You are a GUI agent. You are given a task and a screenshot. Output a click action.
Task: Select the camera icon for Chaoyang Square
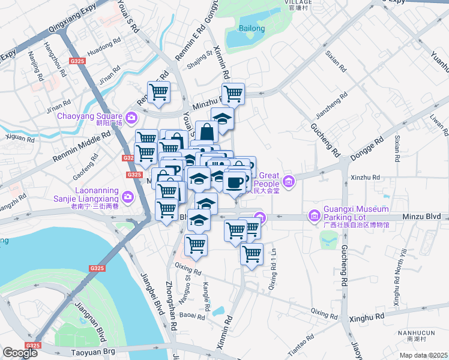click(x=131, y=116)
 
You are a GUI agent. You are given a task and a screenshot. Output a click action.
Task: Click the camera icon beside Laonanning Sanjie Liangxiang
click(x=127, y=196)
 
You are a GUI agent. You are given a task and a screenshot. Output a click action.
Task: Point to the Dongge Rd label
click(x=372, y=147)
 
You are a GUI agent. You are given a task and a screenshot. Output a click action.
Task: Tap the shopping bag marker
click(x=206, y=132)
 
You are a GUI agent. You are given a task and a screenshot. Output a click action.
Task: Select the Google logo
click(x=20, y=353)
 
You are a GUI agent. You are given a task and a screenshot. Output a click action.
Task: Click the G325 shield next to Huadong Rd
click(x=76, y=61)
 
